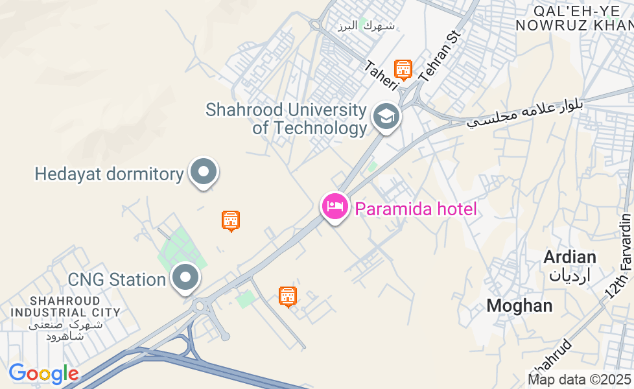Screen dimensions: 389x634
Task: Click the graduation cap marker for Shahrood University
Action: (x=386, y=117)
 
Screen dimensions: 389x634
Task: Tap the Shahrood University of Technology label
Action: (x=286, y=119)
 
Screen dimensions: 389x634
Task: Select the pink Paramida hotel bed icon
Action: (x=335, y=207)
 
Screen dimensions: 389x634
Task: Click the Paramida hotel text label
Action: (x=415, y=209)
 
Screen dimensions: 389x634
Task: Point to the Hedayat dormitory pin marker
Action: (x=204, y=172)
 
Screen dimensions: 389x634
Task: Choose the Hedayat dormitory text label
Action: (x=109, y=174)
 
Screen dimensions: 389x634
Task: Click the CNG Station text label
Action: (x=117, y=280)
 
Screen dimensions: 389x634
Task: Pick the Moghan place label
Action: (x=519, y=305)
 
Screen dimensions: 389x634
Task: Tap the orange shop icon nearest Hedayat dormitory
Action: (x=231, y=220)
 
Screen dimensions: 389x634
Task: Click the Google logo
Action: (x=43, y=373)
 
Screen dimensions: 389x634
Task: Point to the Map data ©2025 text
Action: (x=579, y=380)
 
